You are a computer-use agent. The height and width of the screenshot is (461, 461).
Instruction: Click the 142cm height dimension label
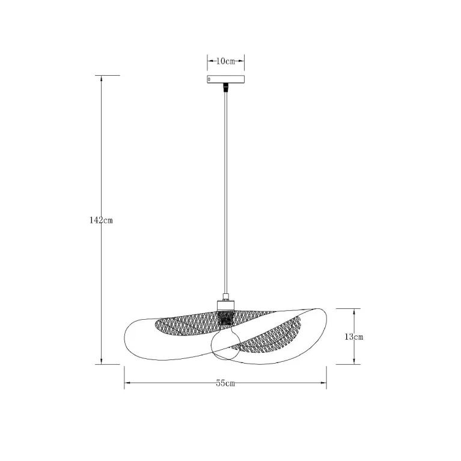pyautogui.click(x=101, y=220)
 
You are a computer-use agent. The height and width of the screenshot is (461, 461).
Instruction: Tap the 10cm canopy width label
pyautogui.click(x=225, y=61)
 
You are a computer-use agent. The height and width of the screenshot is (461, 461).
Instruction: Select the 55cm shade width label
pyautogui.click(x=225, y=383)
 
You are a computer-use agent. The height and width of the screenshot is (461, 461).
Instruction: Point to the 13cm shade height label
pyautogui.click(x=354, y=337)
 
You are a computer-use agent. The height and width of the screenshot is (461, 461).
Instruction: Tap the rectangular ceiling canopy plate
pyautogui.click(x=225, y=79)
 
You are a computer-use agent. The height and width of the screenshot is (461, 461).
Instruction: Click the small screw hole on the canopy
pyautogui.click(x=210, y=79)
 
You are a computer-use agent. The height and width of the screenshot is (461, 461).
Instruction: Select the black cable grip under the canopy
pyautogui.click(x=225, y=87)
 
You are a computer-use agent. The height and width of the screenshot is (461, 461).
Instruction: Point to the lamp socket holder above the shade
pyautogui.click(x=225, y=305)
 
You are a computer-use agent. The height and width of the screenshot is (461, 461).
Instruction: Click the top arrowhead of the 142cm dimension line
pyautogui.click(x=102, y=78)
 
